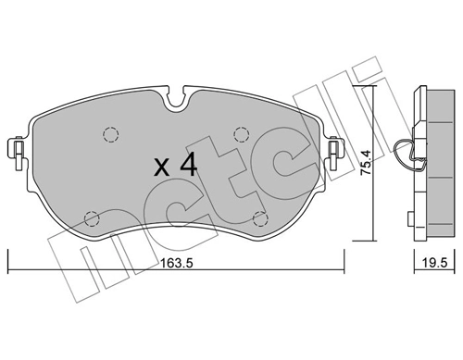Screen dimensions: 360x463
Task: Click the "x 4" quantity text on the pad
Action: pyautogui.click(x=173, y=166)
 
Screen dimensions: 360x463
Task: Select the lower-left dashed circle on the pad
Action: pyautogui.click(x=92, y=218)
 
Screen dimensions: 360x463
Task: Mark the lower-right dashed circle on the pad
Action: pyautogui.click(x=260, y=218)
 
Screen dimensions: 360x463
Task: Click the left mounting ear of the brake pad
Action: pyautogui.click(x=16, y=148)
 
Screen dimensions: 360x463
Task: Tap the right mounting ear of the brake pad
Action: pyautogui.click(x=335, y=148)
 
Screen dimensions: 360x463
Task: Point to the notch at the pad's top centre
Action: pyautogui.click(x=176, y=96)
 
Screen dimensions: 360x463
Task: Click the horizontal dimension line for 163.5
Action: pyautogui.click(x=93, y=271)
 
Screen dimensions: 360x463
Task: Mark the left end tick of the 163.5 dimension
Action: pyautogui.click(x=7, y=264)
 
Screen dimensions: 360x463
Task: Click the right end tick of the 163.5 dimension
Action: pyautogui.click(x=344, y=264)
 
